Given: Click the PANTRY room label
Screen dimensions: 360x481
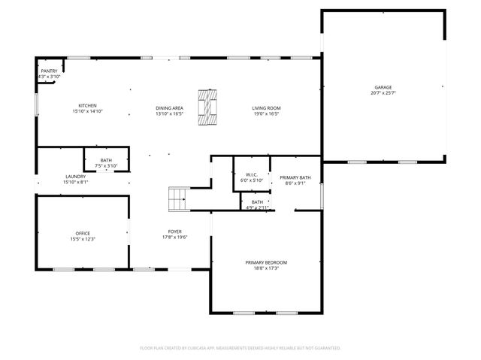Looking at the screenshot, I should tap(49, 71).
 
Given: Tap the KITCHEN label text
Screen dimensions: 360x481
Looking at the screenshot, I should tap(88, 105).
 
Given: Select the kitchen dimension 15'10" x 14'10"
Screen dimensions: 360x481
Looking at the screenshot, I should tap(88, 111).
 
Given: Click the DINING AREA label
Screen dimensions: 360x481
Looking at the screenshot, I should tap(169, 108).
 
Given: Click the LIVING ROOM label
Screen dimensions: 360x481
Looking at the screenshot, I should tap(265, 108).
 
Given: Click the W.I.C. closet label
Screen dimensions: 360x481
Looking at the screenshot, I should tap(251, 174).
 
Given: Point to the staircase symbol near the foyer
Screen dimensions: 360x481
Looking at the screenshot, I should tap(177, 200).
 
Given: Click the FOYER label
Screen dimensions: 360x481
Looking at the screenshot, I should tap(174, 231).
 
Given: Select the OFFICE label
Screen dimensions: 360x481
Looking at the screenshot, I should tap(83, 233).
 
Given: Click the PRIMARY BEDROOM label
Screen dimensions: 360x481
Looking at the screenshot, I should tap(266, 262).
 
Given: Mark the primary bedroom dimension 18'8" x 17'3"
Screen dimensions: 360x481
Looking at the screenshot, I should tap(266, 268).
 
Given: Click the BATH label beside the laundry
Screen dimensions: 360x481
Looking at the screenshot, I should tap(106, 159).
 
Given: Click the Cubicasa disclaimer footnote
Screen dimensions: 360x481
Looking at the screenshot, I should tap(240, 348).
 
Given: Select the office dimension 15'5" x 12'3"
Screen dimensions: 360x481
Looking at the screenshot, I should tap(83, 239).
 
